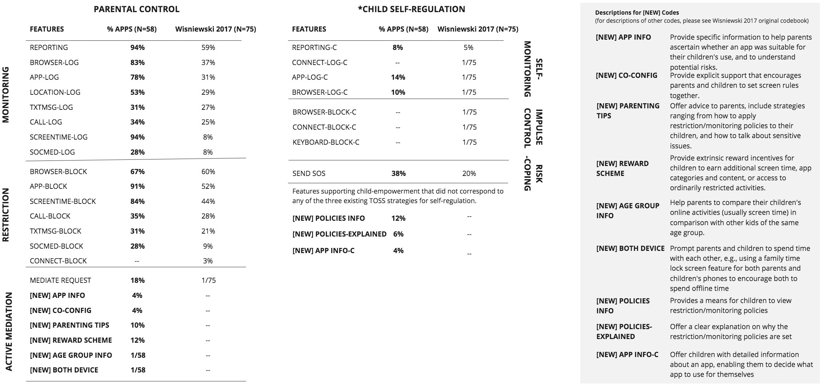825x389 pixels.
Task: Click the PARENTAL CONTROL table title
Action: coord(136,9)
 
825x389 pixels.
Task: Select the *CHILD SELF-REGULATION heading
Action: coord(411,9)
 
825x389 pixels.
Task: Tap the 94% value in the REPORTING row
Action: coord(138,47)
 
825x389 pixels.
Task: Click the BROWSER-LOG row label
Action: coord(54,62)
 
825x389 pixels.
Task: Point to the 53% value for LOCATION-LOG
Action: coord(138,92)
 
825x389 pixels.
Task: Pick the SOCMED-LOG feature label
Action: coord(52,152)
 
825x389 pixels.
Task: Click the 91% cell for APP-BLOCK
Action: coord(138,186)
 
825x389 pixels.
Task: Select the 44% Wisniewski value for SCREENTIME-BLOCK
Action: coord(208,201)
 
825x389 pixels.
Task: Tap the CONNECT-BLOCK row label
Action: coord(58,261)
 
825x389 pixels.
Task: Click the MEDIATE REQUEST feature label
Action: coord(61,280)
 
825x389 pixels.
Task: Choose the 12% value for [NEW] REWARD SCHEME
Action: coord(138,340)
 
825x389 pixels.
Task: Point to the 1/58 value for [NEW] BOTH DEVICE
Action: coord(138,370)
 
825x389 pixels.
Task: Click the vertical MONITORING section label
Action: coord(6,94)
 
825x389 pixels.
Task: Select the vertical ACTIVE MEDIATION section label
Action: coord(9,332)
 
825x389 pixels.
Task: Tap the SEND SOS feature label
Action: coord(309,173)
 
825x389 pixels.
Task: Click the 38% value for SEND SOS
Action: coord(398,173)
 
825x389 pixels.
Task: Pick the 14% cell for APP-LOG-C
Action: coord(398,77)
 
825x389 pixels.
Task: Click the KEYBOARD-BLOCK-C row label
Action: coord(326,142)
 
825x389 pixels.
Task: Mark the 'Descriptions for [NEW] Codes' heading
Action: coord(637,12)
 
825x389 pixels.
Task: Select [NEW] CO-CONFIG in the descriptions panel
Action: coord(627,75)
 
